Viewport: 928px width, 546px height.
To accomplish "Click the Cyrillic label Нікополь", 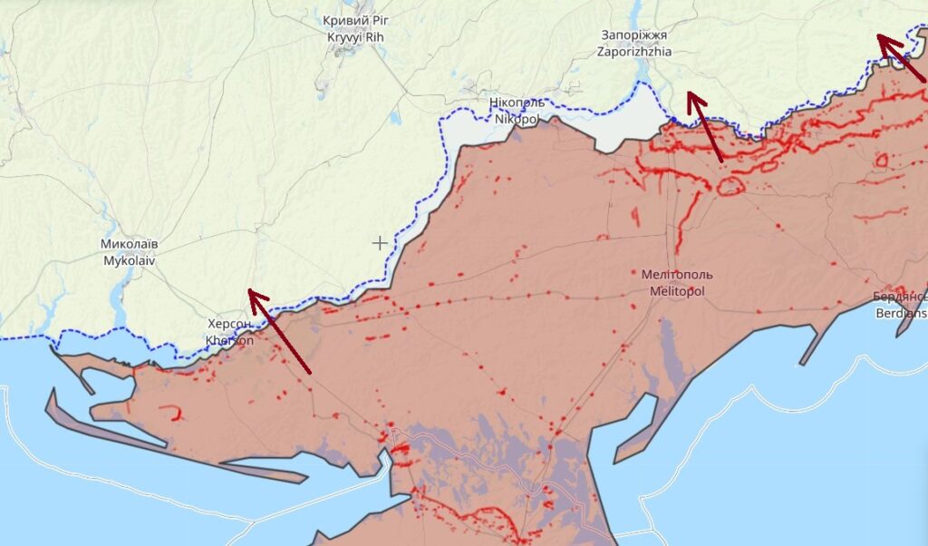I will [514, 103].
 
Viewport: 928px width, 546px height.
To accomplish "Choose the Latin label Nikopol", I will [514, 119].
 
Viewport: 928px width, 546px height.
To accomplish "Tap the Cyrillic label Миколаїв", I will [130, 245].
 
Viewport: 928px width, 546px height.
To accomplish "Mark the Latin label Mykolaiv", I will [130, 260].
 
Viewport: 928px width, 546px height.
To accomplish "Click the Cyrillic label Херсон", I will [231, 324].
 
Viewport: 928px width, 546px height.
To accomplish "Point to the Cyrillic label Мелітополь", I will [676, 274].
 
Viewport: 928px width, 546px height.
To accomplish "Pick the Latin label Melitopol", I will [676, 291].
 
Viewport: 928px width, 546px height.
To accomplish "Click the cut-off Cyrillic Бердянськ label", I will [901, 297].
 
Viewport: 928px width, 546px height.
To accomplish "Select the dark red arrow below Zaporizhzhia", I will [704, 126].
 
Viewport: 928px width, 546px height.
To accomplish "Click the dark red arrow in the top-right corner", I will [901, 57].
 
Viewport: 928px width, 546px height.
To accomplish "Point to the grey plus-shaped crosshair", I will [380, 242].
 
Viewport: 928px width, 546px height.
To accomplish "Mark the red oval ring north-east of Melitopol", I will [730, 187].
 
